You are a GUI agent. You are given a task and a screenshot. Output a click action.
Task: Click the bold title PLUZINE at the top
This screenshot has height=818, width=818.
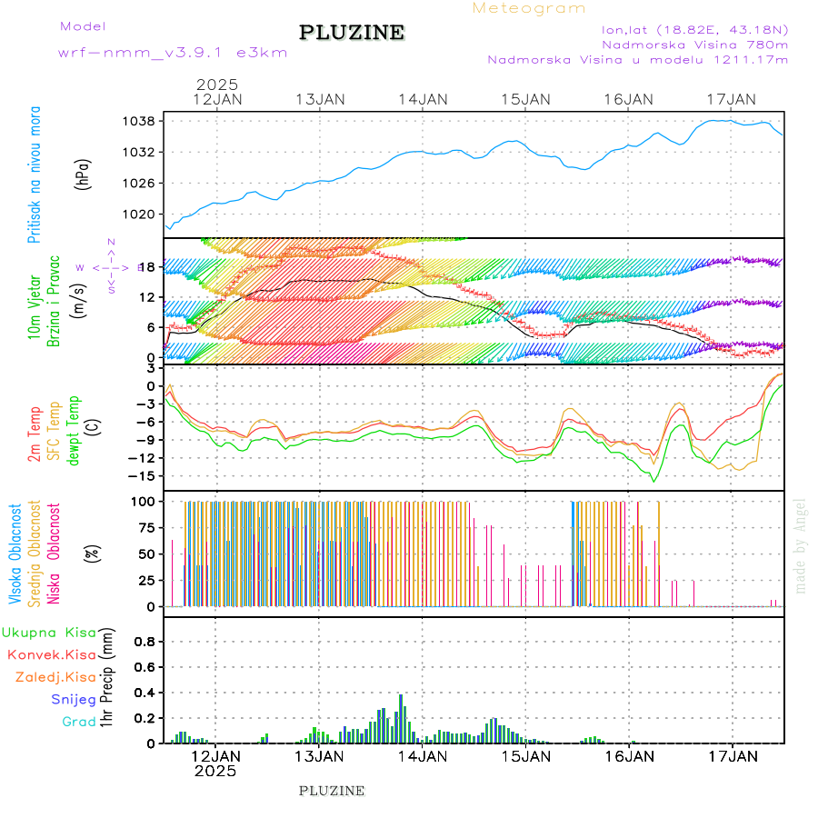click(352, 34)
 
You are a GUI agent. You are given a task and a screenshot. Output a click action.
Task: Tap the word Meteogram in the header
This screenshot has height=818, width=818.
click(529, 8)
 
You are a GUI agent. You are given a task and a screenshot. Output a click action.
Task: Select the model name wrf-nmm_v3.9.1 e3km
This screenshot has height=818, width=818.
click(173, 53)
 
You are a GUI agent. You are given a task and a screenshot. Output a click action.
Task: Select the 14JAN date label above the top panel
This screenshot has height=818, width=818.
click(422, 99)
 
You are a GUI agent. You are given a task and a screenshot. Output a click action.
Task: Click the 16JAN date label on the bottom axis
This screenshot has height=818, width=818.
click(628, 755)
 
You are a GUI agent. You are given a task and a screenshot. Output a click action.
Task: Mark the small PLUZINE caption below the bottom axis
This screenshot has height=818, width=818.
click(332, 791)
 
